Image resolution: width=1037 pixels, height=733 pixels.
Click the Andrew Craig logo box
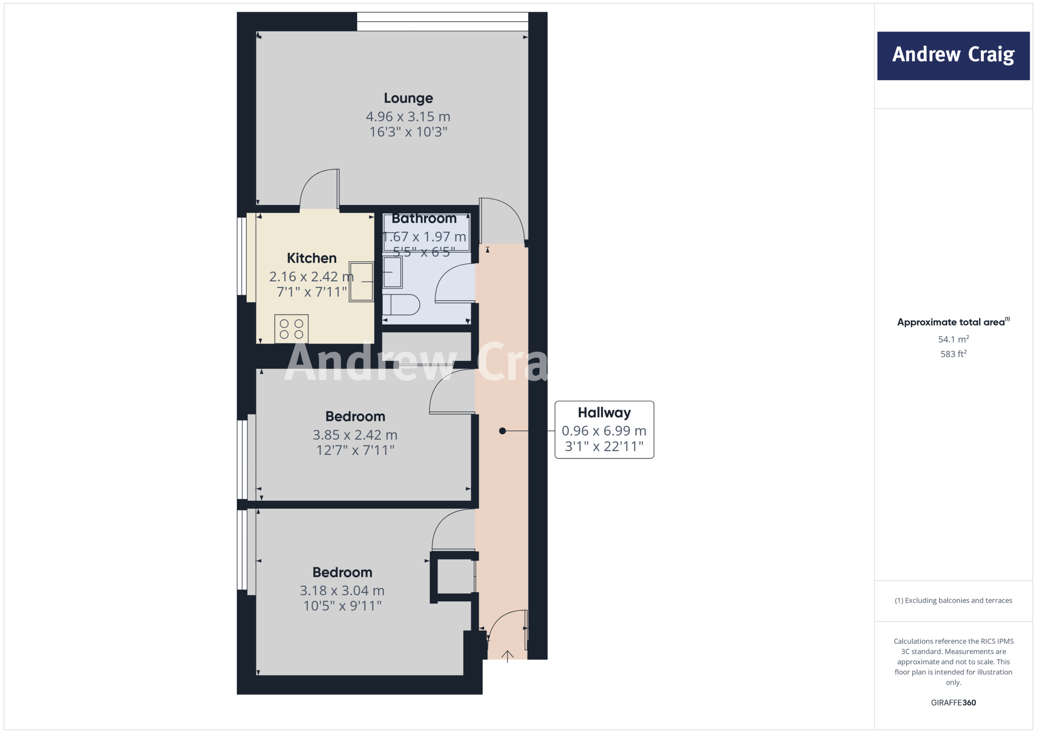click(953, 56)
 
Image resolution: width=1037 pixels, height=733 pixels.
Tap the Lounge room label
click(408, 98)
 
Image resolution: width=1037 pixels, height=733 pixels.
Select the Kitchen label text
click(311, 258)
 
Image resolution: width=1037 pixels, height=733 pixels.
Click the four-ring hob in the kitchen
click(291, 329)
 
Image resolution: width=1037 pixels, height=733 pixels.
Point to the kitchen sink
click(361, 281)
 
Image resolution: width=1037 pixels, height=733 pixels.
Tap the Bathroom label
click(424, 219)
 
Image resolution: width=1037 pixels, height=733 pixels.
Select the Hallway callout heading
click(604, 413)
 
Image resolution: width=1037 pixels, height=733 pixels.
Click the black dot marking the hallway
click(502, 431)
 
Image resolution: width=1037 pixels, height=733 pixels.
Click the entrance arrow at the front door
click(507, 656)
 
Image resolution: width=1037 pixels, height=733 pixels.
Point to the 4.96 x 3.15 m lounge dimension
click(408, 117)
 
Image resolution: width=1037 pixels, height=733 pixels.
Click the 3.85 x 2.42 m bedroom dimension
click(355, 435)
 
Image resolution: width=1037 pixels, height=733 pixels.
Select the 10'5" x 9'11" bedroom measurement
click(342, 606)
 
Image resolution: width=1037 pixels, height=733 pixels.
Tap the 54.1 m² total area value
click(953, 339)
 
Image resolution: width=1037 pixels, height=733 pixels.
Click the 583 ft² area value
click(953, 354)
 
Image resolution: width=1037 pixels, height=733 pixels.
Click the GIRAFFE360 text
click(953, 703)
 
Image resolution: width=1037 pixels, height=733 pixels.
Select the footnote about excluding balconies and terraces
click(953, 600)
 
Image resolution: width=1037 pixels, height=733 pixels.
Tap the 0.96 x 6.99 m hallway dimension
click(604, 431)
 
